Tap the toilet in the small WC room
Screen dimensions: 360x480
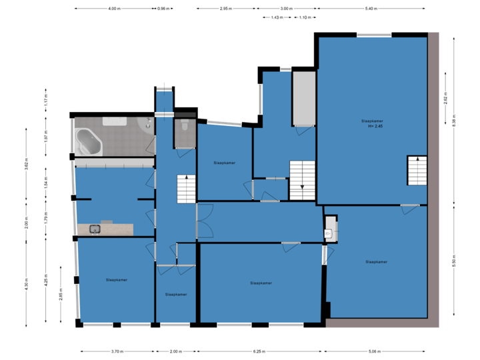184,126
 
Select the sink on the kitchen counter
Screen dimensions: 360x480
95,229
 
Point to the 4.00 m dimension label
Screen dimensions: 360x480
114,9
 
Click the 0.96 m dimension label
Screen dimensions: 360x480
163,9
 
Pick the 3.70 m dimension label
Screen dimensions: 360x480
117,351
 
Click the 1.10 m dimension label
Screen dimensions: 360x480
304,17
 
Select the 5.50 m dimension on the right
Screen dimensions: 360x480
454,260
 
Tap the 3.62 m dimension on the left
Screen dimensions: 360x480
26,164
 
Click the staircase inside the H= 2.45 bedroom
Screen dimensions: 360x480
417,171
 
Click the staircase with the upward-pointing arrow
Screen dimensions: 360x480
186,189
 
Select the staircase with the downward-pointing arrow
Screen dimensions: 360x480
301,180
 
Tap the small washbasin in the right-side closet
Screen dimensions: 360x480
329,233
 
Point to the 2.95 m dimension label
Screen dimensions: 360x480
225,9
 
